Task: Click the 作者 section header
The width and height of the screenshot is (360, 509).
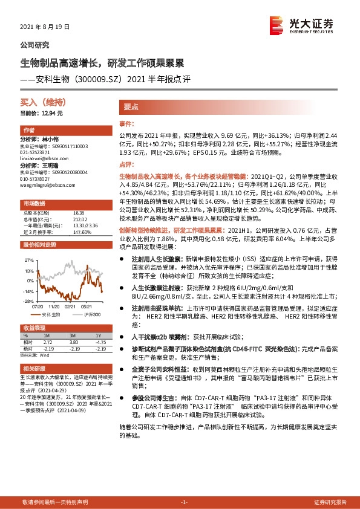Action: pyautogui.click(x=28, y=131)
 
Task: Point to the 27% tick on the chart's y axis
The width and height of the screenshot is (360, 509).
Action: pyautogui.click(x=30, y=259)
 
